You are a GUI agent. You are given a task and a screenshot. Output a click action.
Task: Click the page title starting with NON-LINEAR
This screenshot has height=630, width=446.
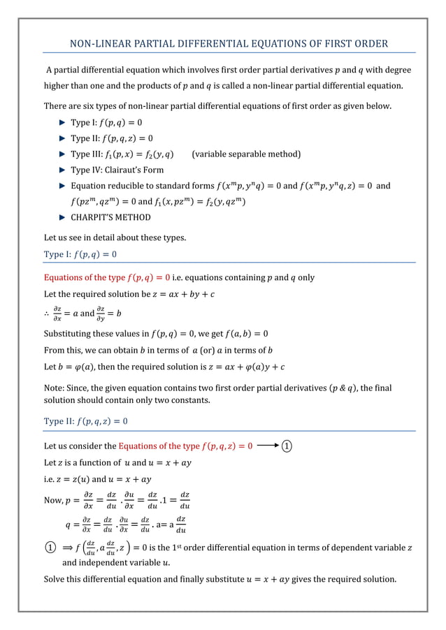click(x=229, y=44)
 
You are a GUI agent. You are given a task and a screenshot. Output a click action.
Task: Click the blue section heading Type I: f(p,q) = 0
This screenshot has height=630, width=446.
click(x=80, y=254)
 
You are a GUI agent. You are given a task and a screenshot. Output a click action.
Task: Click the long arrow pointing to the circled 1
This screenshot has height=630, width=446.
click(x=268, y=446)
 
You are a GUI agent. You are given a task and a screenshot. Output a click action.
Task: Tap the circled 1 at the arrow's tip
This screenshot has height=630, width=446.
click(x=287, y=446)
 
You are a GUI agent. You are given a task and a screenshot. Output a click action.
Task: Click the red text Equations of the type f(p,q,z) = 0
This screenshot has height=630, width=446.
click(x=186, y=446)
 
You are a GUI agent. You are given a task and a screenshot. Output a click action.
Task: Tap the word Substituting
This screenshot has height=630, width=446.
click(x=68, y=333)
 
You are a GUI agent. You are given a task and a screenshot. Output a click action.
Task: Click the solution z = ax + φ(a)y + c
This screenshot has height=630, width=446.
click(x=239, y=367)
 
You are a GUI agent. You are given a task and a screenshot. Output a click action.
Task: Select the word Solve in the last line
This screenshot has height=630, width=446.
click(x=55, y=579)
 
